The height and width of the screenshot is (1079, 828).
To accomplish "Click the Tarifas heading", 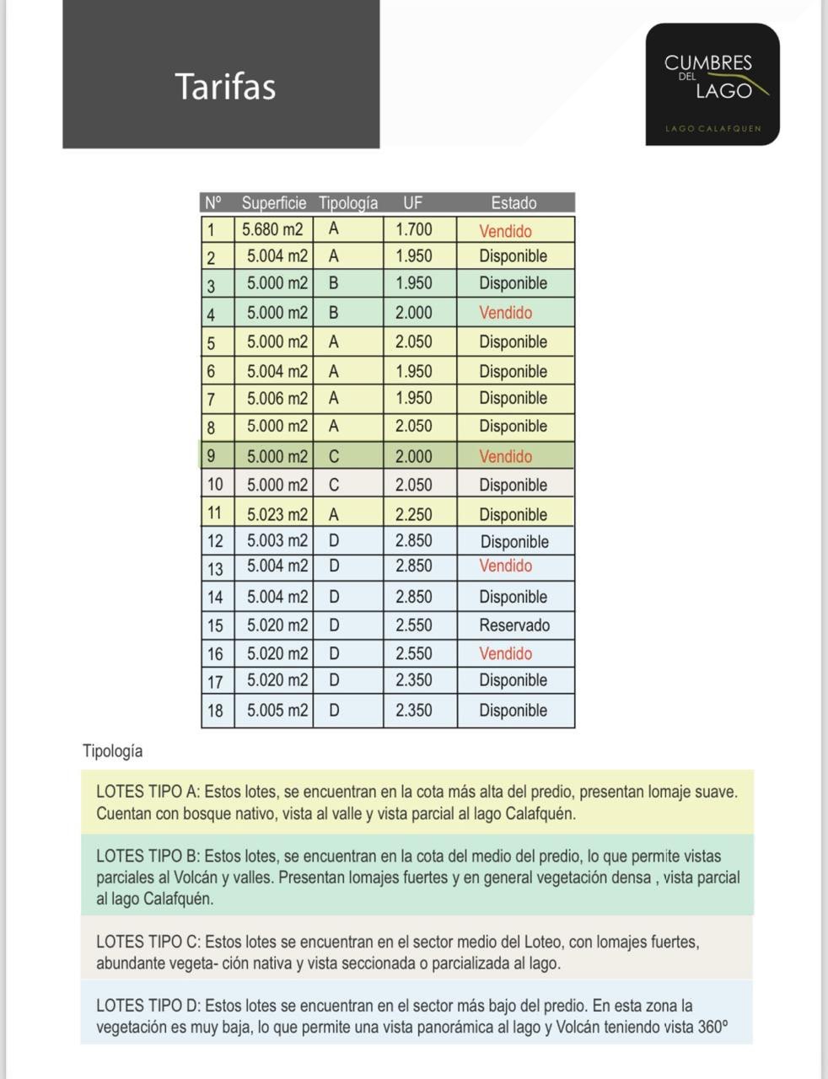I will [225, 86].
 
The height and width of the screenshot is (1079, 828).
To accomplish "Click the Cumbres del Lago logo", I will [712, 84].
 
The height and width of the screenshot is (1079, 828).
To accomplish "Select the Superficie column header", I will [274, 203].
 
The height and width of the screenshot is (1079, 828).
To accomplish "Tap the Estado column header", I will [513, 203].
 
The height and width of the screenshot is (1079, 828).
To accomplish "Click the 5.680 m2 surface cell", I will [272, 229].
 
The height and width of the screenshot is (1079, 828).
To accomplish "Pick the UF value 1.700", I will [413, 229].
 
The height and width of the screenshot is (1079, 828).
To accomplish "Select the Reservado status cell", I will [514, 625].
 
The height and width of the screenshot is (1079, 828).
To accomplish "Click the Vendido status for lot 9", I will [506, 457].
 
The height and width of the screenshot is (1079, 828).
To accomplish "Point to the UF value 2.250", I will [413, 514].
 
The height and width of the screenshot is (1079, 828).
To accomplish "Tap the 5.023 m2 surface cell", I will [277, 514].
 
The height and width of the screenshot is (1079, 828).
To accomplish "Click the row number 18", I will [215, 711].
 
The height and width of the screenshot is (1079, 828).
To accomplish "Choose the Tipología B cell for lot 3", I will [334, 283].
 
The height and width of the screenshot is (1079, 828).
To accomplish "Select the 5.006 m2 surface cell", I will [277, 398].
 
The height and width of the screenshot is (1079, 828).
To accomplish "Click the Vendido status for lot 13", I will [506, 566].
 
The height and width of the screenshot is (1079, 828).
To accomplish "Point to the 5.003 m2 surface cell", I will [277, 540].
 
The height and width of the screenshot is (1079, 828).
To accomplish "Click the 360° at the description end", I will [712, 1028].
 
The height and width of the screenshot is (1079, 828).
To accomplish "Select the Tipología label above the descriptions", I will [113, 751].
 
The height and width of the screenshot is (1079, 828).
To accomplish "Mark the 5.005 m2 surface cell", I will [277, 711].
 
